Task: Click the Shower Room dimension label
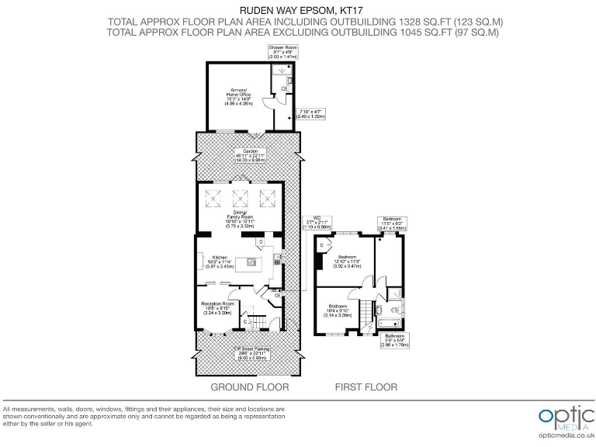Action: (282, 53)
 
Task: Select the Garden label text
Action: (249, 154)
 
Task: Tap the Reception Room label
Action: (217, 306)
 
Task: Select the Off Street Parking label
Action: (250, 354)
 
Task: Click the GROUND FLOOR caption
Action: (250, 387)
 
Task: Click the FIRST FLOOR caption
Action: (366, 387)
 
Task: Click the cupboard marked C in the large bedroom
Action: (321, 248)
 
